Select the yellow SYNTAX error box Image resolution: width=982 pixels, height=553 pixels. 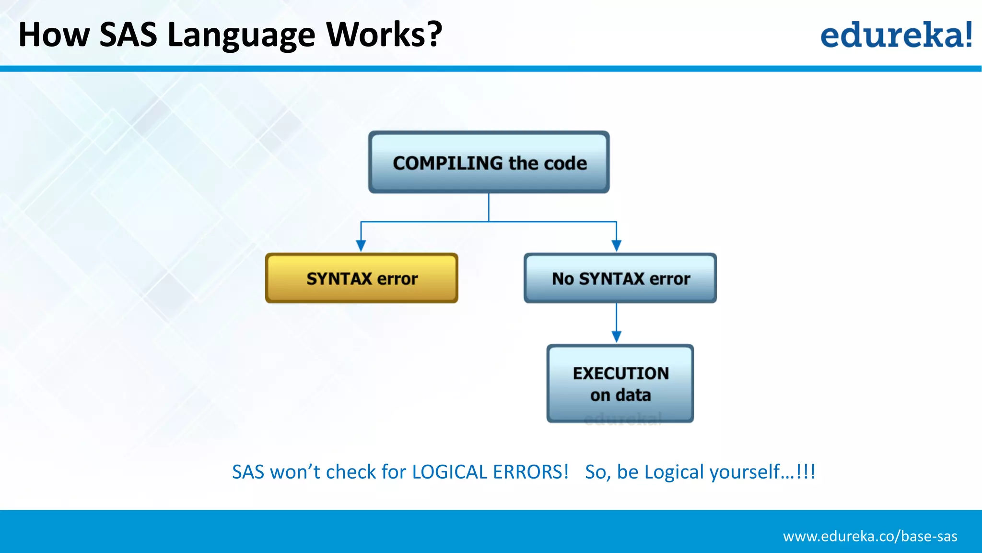[x=362, y=278]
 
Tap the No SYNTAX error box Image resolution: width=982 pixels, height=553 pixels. [x=620, y=278]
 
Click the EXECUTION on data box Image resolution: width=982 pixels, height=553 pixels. [x=620, y=384]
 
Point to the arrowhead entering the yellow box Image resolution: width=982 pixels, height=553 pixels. [x=361, y=246]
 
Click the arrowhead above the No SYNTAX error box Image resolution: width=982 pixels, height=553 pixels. [x=617, y=246]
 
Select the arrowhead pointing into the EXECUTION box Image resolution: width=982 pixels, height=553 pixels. [x=617, y=337]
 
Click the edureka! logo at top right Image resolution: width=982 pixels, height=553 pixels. [x=896, y=35]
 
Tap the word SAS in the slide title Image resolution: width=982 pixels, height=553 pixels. [x=128, y=35]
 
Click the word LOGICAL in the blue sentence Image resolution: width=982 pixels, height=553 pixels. [x=449, y=472]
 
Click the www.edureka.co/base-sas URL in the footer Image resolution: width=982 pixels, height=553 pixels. [x=870, y=536]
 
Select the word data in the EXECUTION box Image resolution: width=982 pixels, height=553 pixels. [x=633, y=395]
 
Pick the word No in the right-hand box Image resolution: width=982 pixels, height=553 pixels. [x=562, y=278]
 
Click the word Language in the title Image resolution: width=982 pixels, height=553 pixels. [x=241, y=36]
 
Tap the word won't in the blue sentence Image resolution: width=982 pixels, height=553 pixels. [x=295, y=472]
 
